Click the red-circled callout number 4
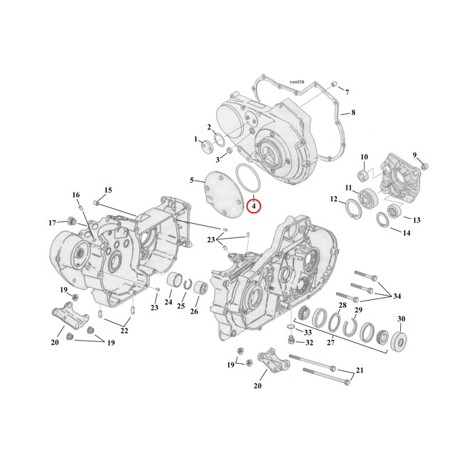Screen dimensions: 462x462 click(x=254, y=206)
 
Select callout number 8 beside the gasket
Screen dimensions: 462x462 click(x=353, y=112)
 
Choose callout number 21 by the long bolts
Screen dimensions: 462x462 click(x=359, y=370)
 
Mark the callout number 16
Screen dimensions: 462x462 click(x=76, y=195)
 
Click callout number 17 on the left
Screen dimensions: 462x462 click(x=52, y=222)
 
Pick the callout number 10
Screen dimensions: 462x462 click(x=363, y=157)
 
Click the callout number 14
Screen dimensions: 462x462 click(x=407, y=232)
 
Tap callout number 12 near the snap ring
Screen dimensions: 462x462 click(x=333, y=200)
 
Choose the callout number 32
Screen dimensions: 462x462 click(x=308, y=343)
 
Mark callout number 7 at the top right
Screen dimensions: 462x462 click(x=347, y=92)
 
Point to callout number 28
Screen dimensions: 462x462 click(x=342, y=305)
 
